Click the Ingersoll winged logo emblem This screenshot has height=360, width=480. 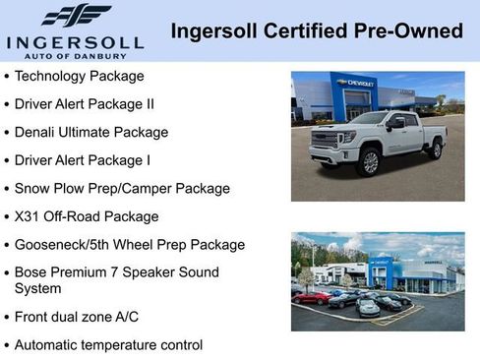[x=76, y=15]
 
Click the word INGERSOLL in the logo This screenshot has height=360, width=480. [x=76, y=41]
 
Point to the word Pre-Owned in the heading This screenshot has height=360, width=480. [x=409, y=30]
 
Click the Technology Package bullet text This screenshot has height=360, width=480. [x=80, y=76]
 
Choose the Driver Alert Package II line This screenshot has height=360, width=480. [x=85, y=103]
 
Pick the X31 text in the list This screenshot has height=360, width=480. [x=28, y=216]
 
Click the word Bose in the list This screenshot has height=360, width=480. [x=31, y=272]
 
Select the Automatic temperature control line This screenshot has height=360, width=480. [x=108, y=345]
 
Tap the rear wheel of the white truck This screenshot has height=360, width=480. [x=436, y=149]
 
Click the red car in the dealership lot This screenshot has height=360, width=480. [x=312, y=297]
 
